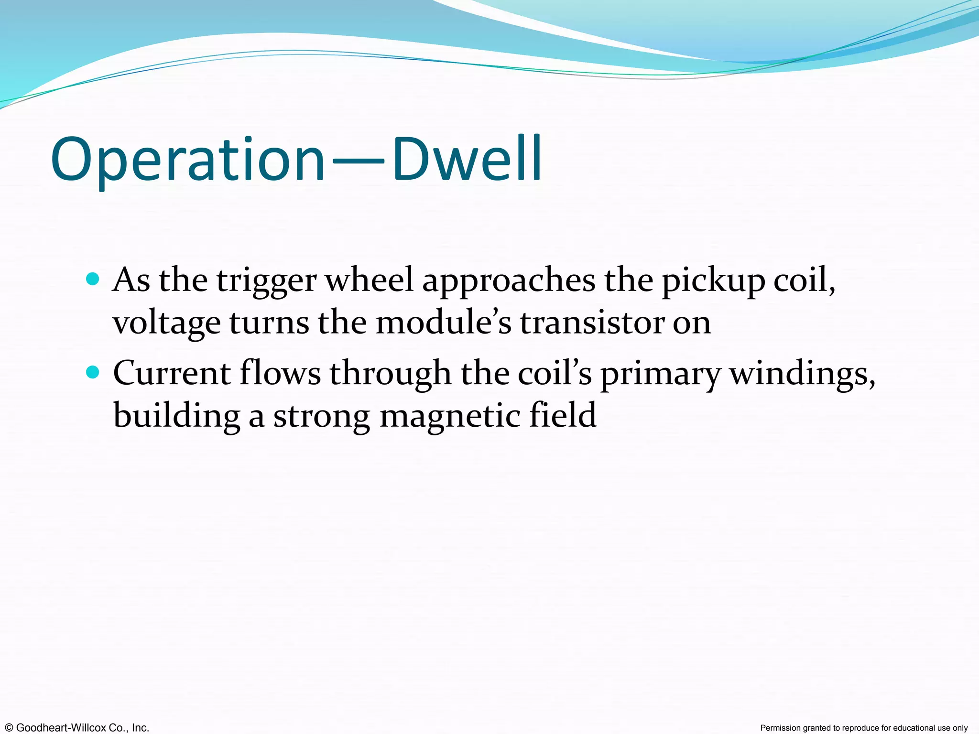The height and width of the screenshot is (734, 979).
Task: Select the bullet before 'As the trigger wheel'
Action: (x=93, y=279)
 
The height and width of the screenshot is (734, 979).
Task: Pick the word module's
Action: (x=444, y=323)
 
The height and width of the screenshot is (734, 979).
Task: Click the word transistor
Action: (x=592, y=323)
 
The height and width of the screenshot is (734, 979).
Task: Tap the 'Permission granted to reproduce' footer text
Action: (x=864, y=728)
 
